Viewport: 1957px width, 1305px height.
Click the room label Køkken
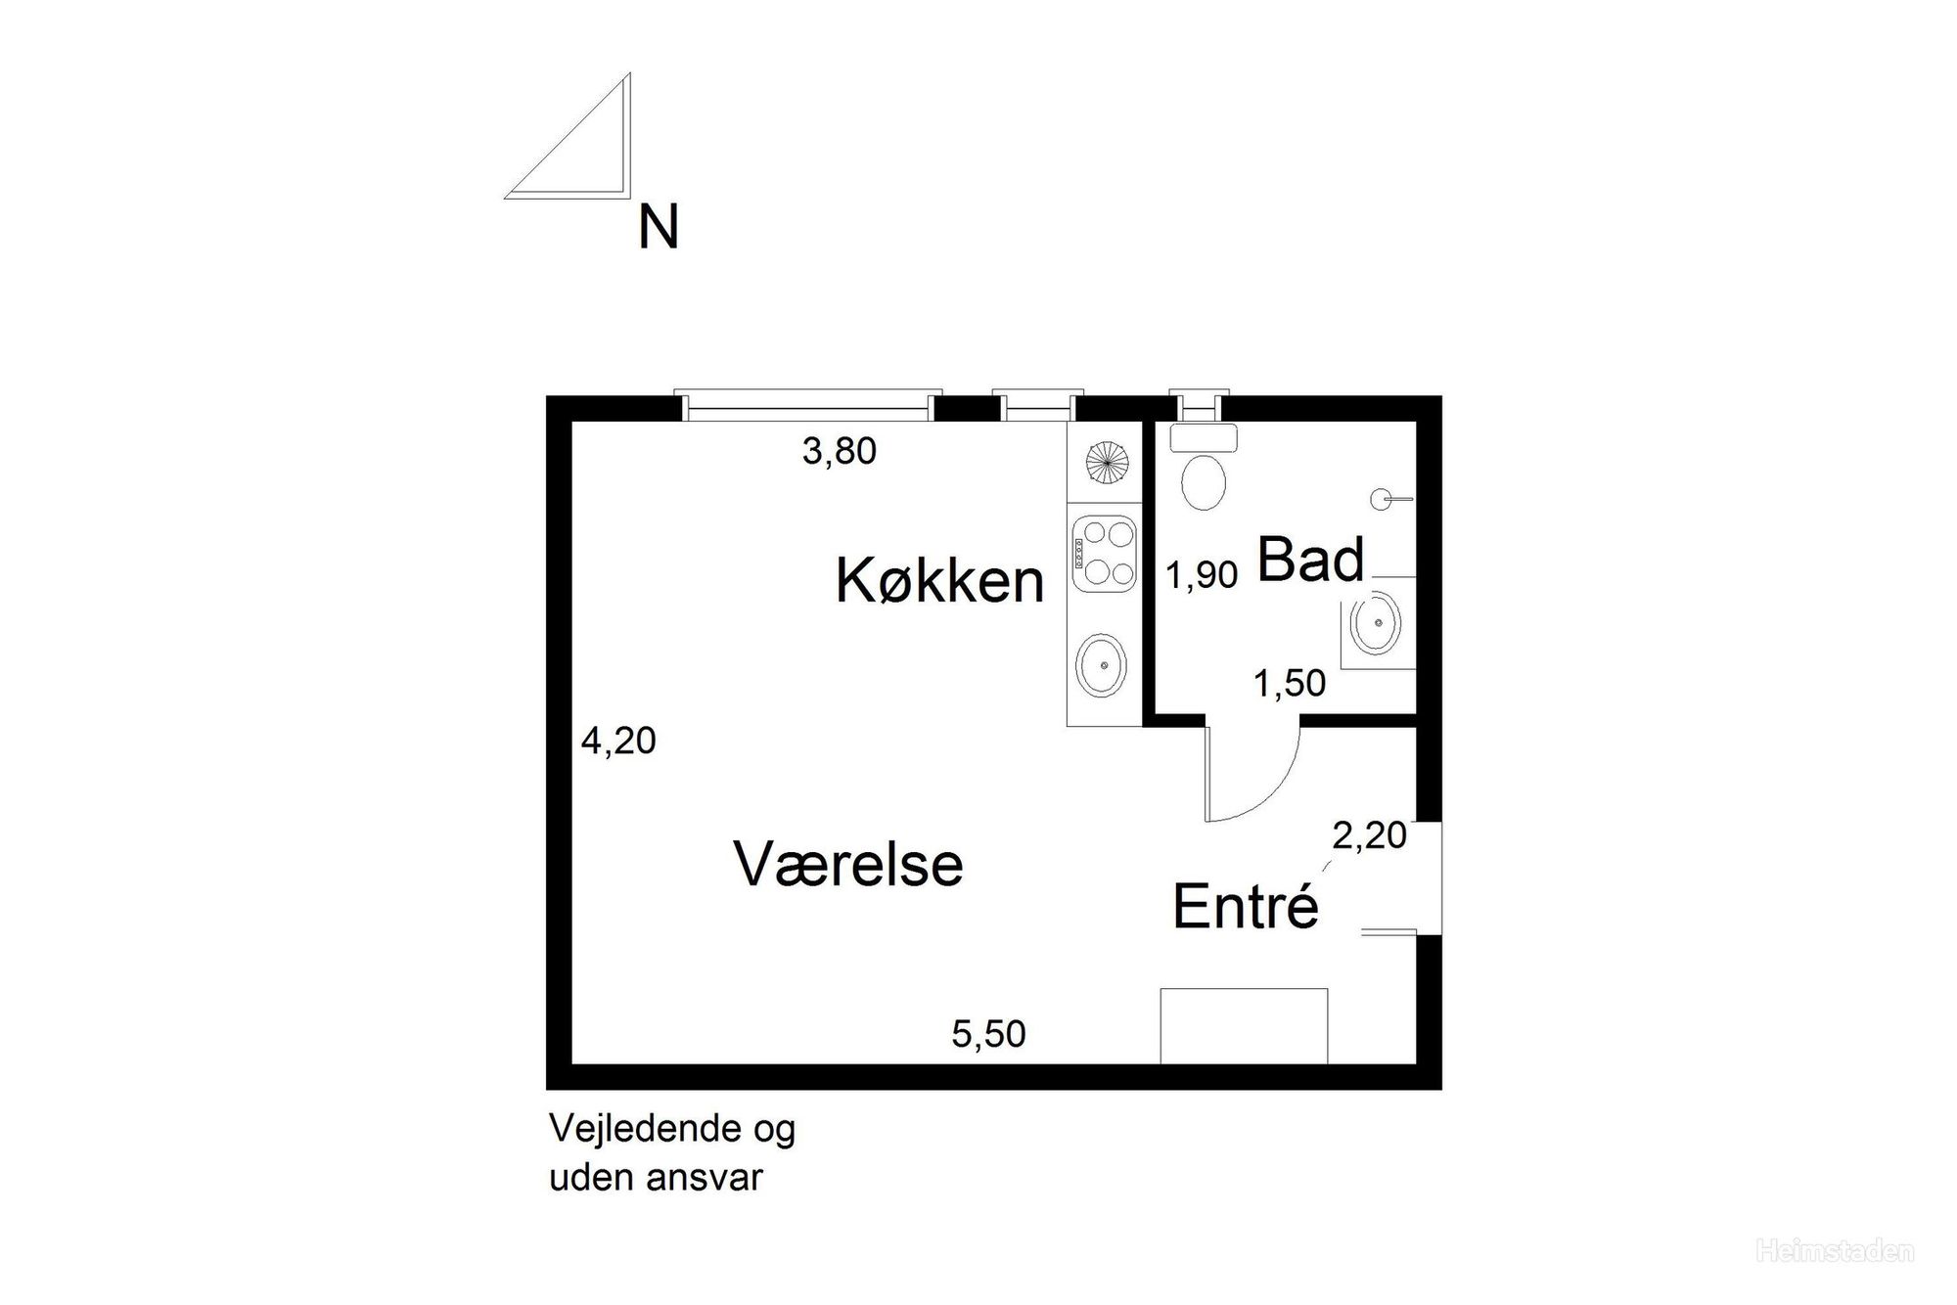[x=939, y=580]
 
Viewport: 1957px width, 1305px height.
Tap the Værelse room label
[x=848, y=864]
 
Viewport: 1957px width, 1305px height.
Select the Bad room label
[x=1310, y=560]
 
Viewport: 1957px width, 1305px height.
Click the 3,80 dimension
[x=840, y=451]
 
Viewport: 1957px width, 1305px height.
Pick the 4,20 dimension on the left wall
[x=618, y=741]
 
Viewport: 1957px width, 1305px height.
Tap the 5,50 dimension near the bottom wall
[x=989, y=1034]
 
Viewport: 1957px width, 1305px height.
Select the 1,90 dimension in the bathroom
[x=1203, y=575]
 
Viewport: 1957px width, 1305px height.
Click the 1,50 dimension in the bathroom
[x=1290, y=683]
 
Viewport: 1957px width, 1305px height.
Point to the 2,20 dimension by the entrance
[x=1370, y=835]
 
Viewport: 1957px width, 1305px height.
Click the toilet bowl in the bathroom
[x=1204, y=480]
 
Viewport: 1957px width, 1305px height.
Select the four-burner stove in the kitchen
[x=1105, y=554]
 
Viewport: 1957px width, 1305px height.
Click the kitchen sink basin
[x=1102, y=665]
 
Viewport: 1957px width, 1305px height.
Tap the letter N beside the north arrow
[x=659, y=229]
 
